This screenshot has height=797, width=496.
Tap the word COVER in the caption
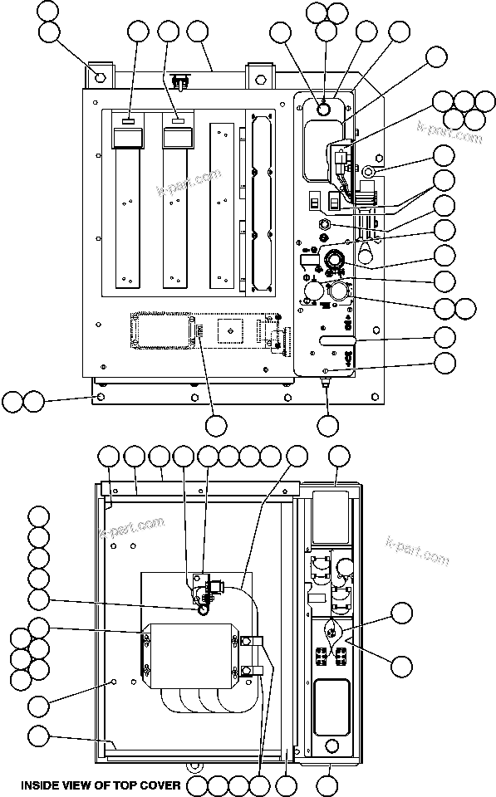162,784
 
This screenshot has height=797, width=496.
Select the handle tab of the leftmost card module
128,122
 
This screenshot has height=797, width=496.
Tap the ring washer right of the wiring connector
370,172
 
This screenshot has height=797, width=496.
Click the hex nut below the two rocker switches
326,224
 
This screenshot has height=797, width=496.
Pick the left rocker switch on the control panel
315,202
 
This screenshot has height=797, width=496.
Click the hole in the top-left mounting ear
99,77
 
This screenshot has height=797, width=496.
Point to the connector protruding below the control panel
326,384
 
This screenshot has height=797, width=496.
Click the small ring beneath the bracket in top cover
202,609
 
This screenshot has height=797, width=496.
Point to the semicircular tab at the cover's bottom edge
193,765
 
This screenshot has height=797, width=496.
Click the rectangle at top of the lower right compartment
331,515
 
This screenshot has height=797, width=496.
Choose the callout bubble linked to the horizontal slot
444,337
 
